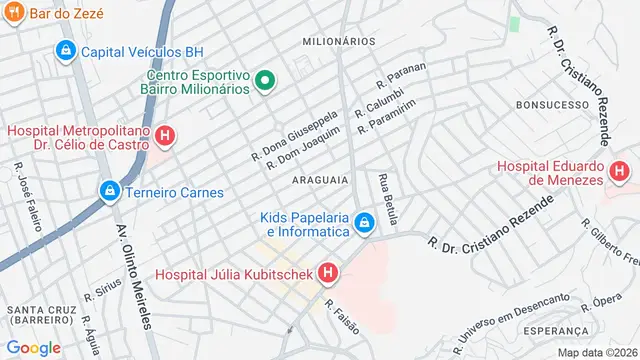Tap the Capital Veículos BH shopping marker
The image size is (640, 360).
point(66,50)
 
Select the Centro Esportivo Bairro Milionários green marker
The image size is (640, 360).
point(266,81)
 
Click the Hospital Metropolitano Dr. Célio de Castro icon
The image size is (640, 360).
point(166,137)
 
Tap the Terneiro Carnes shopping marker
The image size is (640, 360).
point(107,189)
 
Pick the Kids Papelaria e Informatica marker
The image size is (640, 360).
point(366,222)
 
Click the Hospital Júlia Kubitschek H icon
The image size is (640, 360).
point(327,272)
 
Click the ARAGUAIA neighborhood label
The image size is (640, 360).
point(320,180)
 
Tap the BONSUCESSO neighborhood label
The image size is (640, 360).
point(550,104)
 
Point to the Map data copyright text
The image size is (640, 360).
point(596,352)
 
